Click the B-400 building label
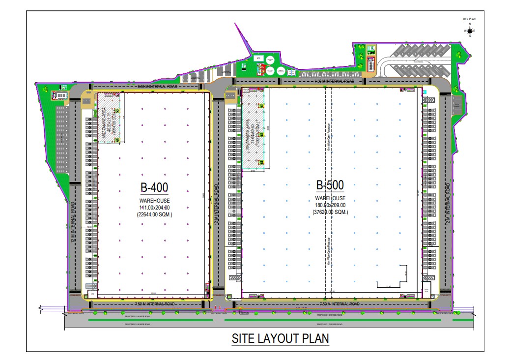coord(154,187)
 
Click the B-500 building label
coord(330,185)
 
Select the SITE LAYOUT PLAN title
coord(280,339)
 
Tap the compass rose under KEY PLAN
coord(470,30)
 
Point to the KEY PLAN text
coord(470,19)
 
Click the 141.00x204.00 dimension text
coord(154,208)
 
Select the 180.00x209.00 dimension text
coord(330,205)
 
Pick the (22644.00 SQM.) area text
coord(154,214)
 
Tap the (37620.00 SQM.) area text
coord(330,212)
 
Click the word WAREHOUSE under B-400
coord(154,201)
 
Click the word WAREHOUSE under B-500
coord(330,199)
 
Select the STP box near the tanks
coord(257,58)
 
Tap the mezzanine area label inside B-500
coord(252,130)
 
